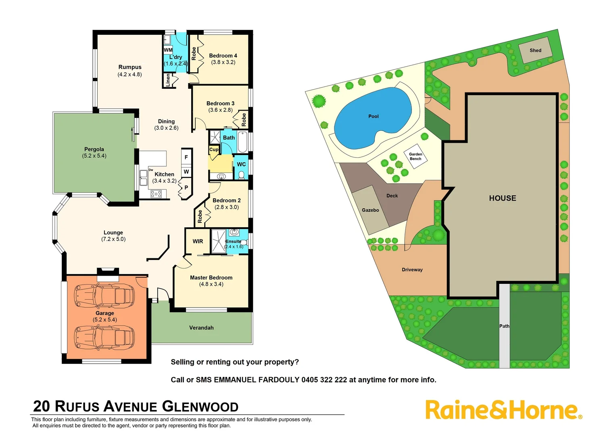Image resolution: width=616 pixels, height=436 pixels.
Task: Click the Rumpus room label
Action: pos(130,67)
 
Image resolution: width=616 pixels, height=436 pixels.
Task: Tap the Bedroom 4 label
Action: pos(223,56)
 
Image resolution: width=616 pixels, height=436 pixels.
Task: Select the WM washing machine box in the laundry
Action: pos(168,50)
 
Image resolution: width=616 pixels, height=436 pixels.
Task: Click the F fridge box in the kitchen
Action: pos(186,157)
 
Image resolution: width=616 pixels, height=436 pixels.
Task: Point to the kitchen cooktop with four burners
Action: pos(156,194)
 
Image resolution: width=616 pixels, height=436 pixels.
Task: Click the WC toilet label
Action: pos(241,164)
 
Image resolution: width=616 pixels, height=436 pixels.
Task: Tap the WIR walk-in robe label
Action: pos(198,241)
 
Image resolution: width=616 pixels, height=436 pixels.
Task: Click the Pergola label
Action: pos(94,149)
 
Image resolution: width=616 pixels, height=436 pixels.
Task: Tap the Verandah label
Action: pos(201,328)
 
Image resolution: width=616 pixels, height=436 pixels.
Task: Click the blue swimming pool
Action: pos(373,117)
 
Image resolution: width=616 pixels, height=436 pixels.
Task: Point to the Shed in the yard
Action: pos(535,50)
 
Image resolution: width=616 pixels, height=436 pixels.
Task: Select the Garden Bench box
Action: pos(416,156)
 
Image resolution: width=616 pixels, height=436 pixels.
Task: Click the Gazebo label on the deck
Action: pos(370,210)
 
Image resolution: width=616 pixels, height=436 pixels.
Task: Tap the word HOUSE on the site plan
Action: pos(502,198)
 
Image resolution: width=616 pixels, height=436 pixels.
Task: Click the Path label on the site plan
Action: pos(504,326)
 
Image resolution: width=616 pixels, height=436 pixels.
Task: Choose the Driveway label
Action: pos(412,270)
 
